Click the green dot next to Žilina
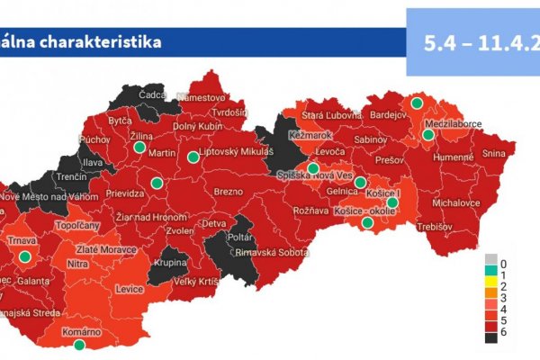140,147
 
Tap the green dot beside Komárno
79,345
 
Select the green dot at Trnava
25,256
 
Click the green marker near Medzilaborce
428,135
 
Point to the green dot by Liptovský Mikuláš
193,157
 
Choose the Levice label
130,290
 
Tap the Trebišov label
436,226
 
